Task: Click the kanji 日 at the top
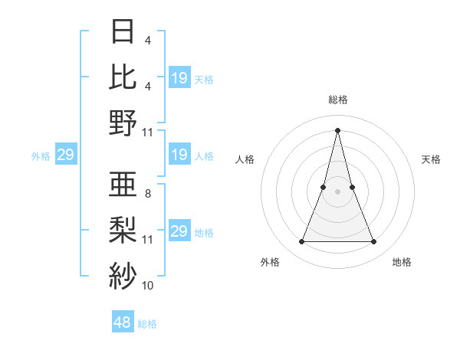click(123, 32)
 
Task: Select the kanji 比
click(123, 77)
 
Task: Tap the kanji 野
click(123, 123)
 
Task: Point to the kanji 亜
click(123, 185)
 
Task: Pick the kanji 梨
click(123, 231)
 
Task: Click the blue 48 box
click(123, 322)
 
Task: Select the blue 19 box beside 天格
click(179, 78)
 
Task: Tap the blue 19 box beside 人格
click(179, 155)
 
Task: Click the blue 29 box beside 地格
click(179, 231)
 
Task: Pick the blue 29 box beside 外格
click(65, 155)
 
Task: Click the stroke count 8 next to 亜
click(147, 194)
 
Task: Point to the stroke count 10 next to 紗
click(148, 285)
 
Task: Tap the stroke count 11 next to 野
click(148, 132)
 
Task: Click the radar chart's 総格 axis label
click(337, 100)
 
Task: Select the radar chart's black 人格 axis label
click(245, 159)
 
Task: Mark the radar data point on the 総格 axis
click(337, 129)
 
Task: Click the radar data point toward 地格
click(373, 242)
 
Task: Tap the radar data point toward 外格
click(301, 242)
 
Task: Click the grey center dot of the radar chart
click(337, 191)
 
